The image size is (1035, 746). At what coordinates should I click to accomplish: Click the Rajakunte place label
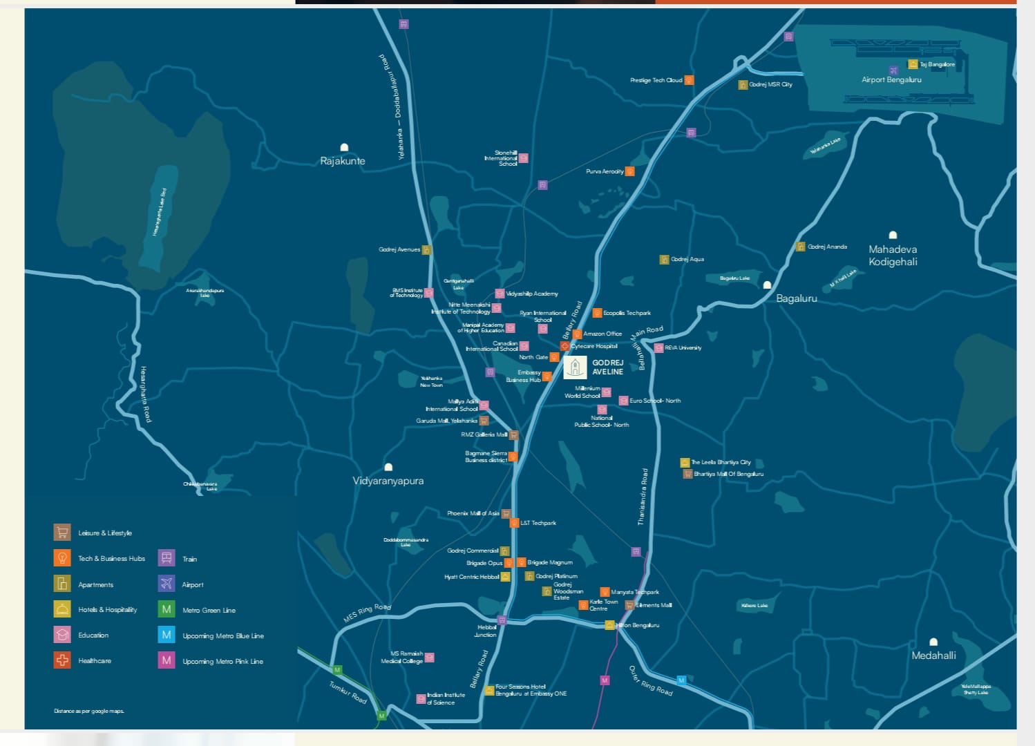342,161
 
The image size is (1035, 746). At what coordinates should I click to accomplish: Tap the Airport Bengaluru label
891,79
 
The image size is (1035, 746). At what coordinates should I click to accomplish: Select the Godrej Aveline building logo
575,367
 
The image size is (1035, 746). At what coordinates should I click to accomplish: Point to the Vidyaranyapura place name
388,481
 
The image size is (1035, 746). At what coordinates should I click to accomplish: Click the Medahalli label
933,655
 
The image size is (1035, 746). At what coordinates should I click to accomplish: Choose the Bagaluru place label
796,298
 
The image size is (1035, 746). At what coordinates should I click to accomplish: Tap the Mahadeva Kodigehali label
893,255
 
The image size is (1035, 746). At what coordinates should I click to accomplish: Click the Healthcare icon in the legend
62,660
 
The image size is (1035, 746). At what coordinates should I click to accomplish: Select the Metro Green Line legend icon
167,609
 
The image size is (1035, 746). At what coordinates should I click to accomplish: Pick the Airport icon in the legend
167,584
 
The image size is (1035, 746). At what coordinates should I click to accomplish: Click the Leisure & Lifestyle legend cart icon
62,533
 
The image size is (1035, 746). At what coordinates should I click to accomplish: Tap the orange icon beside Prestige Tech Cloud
689,80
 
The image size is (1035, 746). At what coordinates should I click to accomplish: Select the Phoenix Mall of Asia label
473,513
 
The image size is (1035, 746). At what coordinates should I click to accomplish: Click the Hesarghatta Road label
145,394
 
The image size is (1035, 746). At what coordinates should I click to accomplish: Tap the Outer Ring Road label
650,680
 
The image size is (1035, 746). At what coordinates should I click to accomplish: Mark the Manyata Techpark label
634,592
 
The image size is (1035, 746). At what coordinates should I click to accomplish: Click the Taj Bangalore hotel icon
913,64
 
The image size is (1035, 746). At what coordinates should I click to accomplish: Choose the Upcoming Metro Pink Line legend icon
167,660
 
